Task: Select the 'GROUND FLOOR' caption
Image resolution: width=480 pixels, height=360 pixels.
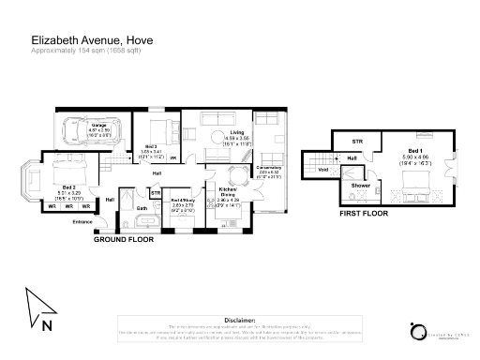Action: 123,240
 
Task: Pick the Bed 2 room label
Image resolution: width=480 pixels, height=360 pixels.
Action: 56,194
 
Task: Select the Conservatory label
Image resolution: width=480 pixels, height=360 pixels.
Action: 271,170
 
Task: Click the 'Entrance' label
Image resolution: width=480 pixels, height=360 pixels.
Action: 83,221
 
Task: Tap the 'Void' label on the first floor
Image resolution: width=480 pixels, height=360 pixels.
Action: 322,170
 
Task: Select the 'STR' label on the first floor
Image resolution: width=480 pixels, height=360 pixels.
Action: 356,142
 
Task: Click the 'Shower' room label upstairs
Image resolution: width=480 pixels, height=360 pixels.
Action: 361,186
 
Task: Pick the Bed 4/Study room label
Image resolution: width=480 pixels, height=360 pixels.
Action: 183,200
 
